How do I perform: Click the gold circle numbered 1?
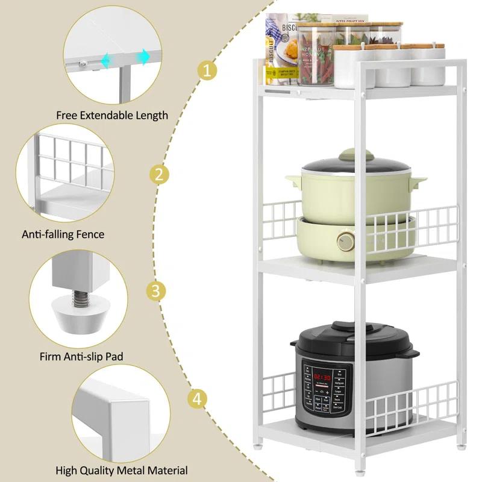207,71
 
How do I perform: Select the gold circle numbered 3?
156,292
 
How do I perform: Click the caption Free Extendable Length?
112,115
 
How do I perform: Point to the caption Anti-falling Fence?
63,234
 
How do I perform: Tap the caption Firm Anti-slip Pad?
81,357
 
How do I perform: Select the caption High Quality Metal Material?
121,471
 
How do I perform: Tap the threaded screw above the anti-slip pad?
78,299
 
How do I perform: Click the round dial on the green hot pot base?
346,242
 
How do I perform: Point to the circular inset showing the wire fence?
66,175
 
